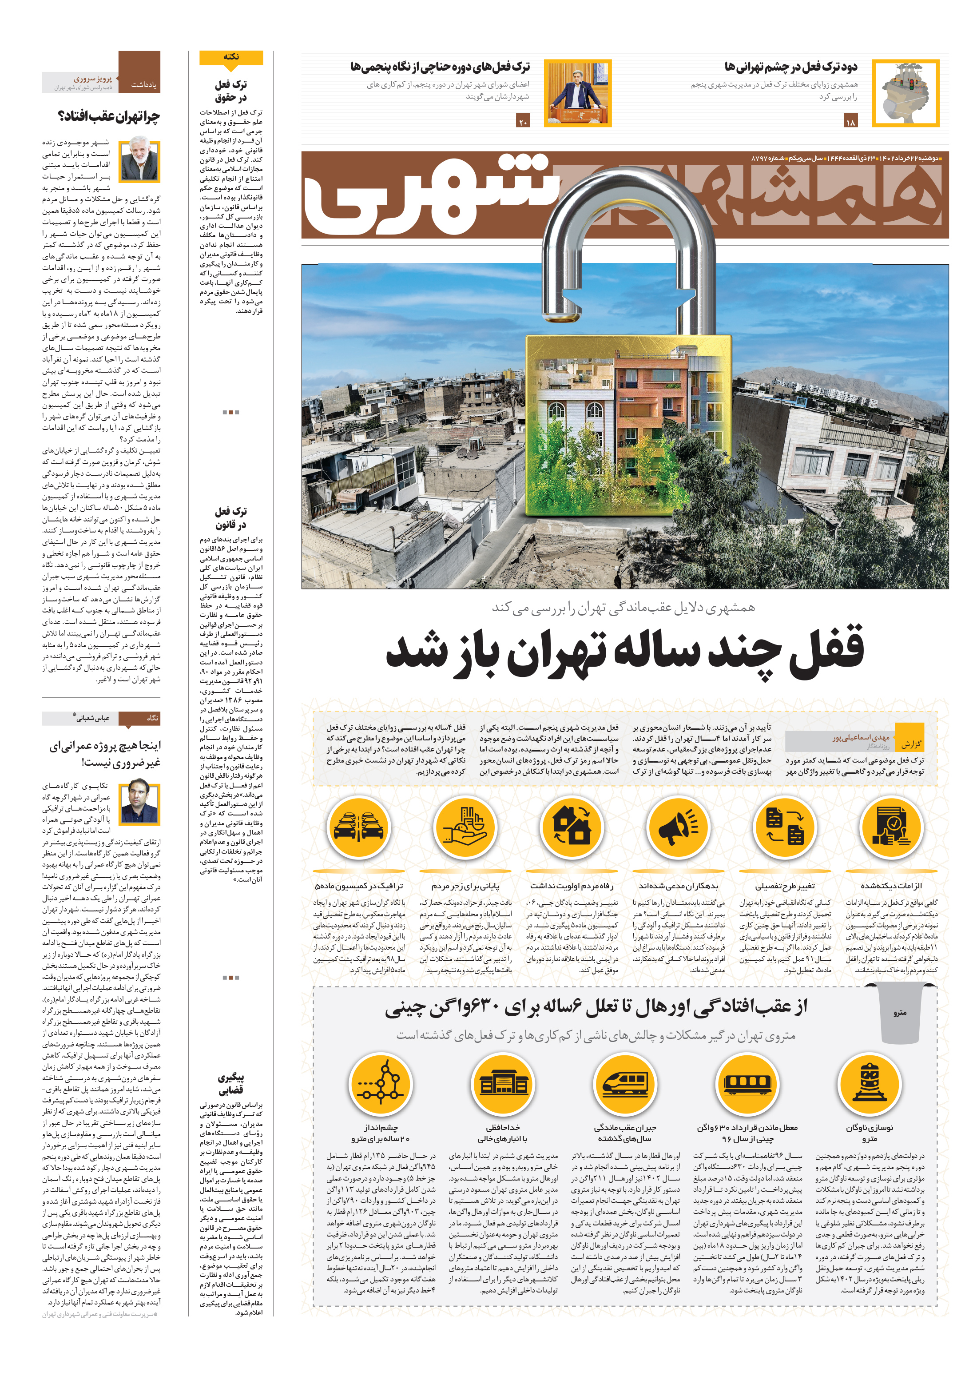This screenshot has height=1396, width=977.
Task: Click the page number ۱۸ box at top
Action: pos(850,122)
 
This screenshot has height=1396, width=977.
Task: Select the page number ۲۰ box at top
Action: pos(523,122)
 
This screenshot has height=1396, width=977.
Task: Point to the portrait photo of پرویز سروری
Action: pos(139,160)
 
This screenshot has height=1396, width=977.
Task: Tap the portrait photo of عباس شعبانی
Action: pos(139,803)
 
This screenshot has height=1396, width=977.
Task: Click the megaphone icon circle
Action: pos(679,827)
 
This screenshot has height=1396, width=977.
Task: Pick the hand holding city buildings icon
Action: pos(465,827)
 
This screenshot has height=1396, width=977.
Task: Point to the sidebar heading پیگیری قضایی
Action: pos(230,1083)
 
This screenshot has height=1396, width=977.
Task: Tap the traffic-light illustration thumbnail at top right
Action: pos(905,93)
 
